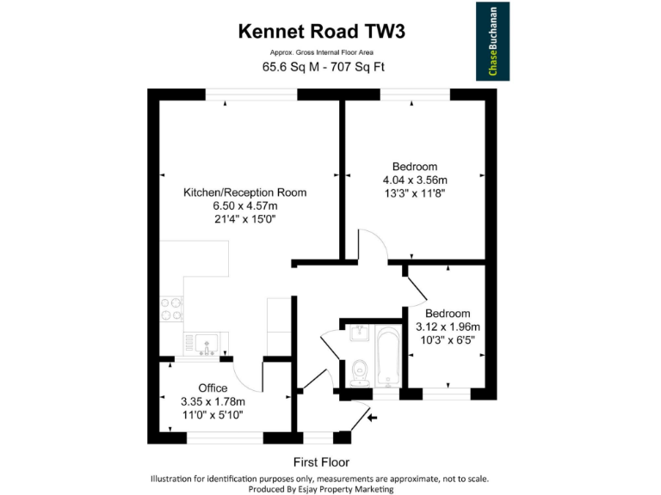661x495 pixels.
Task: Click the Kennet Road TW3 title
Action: coord(321,33)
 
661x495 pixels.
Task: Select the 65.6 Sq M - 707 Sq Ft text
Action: coord(322,68)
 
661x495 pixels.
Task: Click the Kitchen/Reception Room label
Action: coord(244,192)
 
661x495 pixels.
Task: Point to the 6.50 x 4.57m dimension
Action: coord(244,206)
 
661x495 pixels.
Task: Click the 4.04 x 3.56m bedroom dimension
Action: coord(415,180)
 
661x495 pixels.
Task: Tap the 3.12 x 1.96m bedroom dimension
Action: coord(448,327)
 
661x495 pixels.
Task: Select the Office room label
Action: coord(213,388)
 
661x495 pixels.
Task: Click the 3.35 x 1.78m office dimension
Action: coord(213,401)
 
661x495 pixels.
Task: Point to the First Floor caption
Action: coord(321,461)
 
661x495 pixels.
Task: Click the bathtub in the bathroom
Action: coord(387,357)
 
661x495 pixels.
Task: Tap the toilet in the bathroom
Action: coord(360,371)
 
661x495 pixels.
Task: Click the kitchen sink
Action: coord(206,345)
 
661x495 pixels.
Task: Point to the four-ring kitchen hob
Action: coord(171,309)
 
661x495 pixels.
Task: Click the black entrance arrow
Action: coord(372,419)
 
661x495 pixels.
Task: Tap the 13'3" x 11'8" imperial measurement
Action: coord(415,194)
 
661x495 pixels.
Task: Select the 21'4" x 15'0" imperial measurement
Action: coord(244,219)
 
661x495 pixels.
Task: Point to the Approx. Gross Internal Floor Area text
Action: coord(322,53)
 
